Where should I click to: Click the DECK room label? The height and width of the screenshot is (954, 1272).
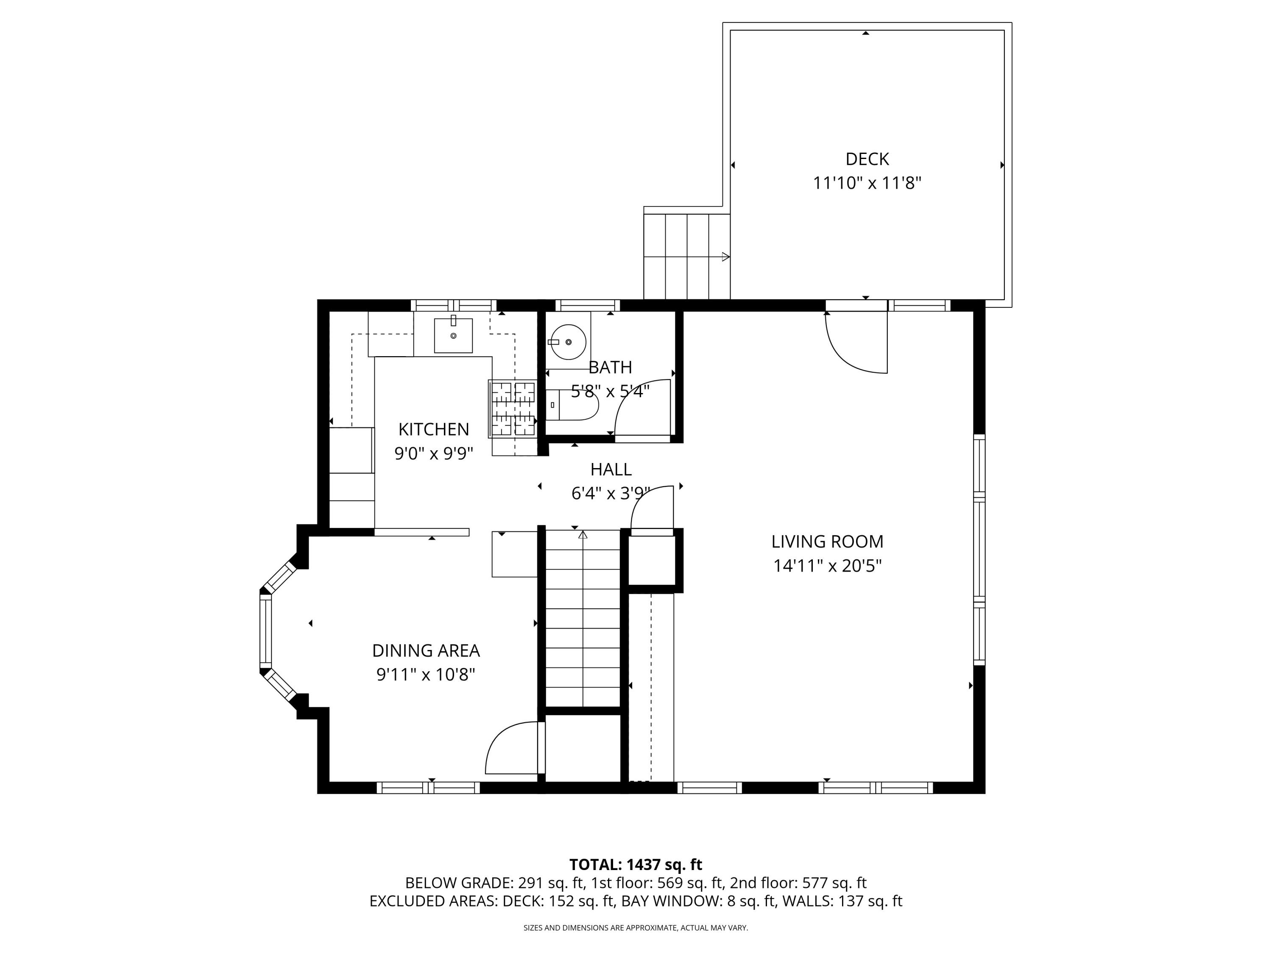(x=867, y=159)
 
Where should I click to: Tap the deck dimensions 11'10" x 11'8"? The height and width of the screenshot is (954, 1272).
(x=867, y=184)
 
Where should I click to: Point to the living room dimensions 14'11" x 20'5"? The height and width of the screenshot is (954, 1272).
(x=827, y=566)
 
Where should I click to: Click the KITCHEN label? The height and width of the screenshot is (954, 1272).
(x=434, y=429)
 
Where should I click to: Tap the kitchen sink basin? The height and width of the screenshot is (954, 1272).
(x=453, y=335)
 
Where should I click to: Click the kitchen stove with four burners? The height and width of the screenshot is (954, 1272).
(x=512, y=409)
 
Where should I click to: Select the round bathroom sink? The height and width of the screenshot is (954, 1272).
(x=568, y=342)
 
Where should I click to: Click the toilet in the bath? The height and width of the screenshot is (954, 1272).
(x=572, y=405)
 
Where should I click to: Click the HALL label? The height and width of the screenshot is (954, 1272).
(x=611, y=469)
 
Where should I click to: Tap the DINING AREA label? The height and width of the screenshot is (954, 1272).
(x=426, y=650)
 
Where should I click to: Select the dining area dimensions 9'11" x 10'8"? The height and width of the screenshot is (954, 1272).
(x=426, y=675)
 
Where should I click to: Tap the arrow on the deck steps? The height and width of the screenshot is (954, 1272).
(x=726, y=257)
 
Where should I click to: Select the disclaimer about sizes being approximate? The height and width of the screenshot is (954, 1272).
(x=636, y=928)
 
